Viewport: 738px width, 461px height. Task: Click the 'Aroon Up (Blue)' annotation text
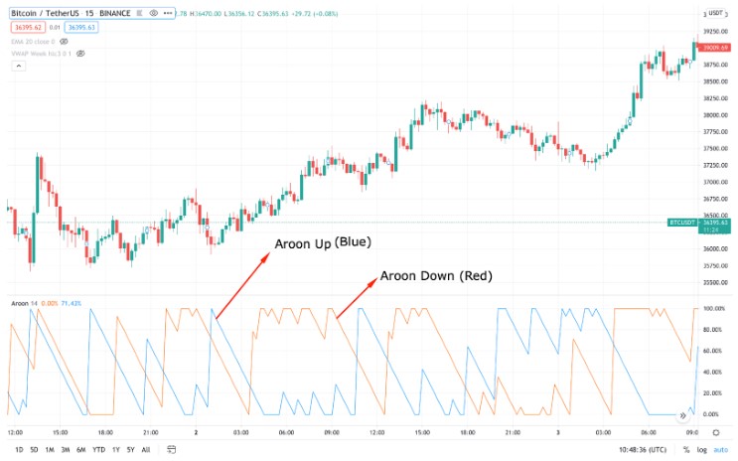pos(320,243)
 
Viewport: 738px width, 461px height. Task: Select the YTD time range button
pos(98,449)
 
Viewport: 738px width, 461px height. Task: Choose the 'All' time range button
pos(145,449)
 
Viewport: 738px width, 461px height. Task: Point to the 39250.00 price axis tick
pos(714,31)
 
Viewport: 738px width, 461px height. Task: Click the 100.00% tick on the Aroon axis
pos(714,309)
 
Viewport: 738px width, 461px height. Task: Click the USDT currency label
pos(715,13)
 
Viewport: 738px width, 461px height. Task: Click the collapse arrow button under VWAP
pos(17,67)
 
